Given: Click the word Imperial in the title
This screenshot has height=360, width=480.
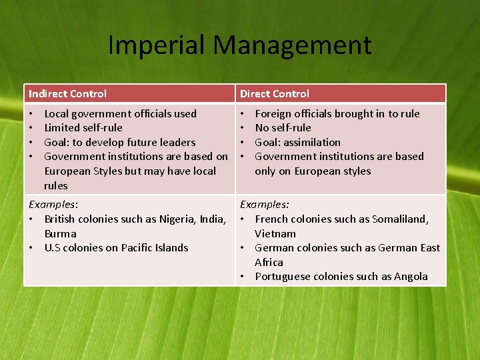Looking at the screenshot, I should point(157,45).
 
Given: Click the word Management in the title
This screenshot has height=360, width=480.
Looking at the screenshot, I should point(292,45).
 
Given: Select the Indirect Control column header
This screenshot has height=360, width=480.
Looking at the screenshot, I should point(67,94).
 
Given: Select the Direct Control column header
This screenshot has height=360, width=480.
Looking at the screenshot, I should point(275,94).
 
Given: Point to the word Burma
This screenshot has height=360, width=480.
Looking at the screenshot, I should point(60,233).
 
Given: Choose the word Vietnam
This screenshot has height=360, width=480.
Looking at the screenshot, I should point(275,233).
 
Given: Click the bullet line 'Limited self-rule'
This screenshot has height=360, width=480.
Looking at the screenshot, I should point(83,127).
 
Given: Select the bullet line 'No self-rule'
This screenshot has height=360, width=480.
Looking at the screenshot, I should point(283,127).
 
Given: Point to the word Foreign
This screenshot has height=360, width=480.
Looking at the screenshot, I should point(273,113).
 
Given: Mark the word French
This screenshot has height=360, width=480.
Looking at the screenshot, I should point(272,219).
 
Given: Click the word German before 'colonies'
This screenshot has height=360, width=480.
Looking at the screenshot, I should point(274,247).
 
